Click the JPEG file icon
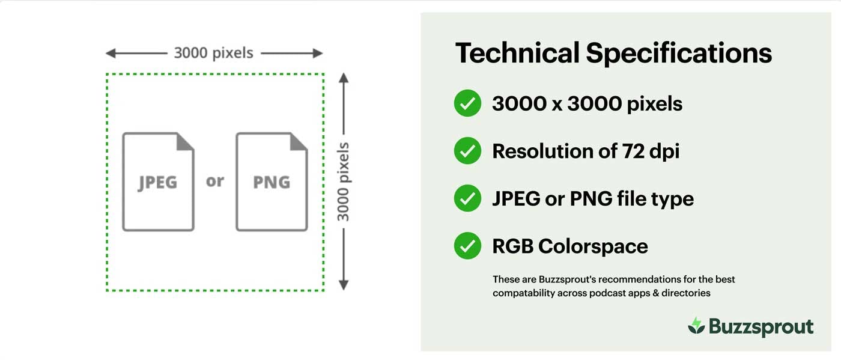pos(158,182)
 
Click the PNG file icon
pos(272,182)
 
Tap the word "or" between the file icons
pos(214,180)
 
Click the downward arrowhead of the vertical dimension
pos(344,285)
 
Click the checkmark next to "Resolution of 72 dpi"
pos(467,151)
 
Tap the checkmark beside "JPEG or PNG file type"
pos(467,198)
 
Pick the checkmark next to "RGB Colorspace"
pos(467,246)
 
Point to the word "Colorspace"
pos(593,246)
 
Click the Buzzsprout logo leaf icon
pos(696,326)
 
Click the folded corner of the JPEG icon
pos(186,141)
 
